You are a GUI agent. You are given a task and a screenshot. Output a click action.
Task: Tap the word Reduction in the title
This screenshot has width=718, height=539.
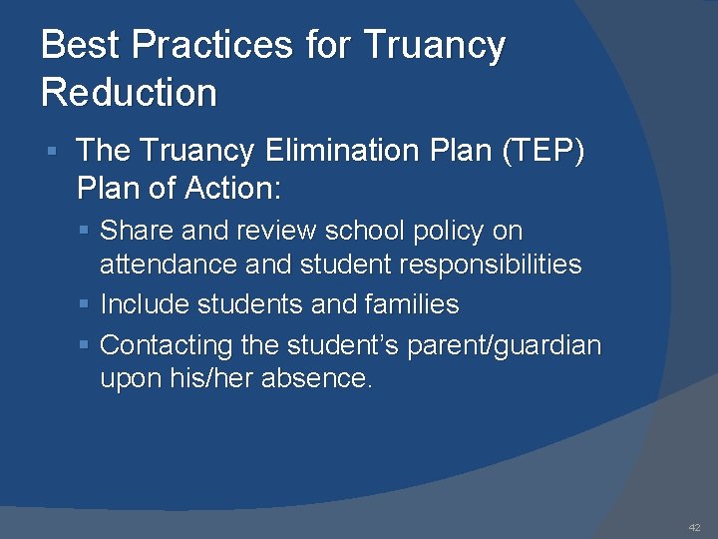click(x=129, y=93)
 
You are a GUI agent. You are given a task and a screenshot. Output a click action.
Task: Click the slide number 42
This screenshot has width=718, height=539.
click(x=694, y=527)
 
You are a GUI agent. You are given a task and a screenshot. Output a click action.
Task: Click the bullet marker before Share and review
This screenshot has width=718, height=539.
click(x=85, y=231)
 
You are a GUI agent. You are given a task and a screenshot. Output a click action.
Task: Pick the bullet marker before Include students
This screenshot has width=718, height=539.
click(x=85, y=304)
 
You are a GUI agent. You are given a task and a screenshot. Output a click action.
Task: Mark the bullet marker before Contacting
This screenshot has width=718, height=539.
click(x=85, y=345)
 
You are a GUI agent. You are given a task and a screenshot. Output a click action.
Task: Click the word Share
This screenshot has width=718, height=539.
click(x=134, y=231)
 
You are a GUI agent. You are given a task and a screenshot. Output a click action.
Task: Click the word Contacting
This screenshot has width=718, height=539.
click(x=167, y=345)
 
